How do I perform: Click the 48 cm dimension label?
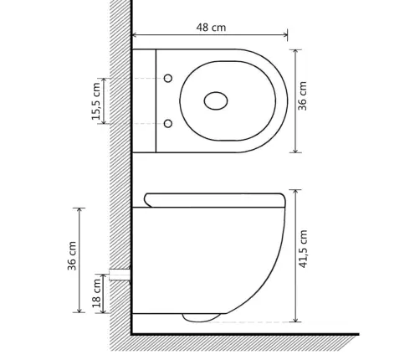pos(211,28)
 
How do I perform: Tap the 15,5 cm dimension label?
pos(96,101)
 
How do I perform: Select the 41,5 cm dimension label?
pos(303,249)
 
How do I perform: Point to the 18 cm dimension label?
pos(97,293)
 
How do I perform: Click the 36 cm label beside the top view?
pos(302,95)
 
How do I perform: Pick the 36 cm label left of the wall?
pos(72,255)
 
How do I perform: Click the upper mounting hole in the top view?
pos(168,79)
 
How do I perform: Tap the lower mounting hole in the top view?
pos(168,124)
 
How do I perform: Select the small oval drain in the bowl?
pos(216,100)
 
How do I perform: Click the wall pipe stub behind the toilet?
pos(120,275)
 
